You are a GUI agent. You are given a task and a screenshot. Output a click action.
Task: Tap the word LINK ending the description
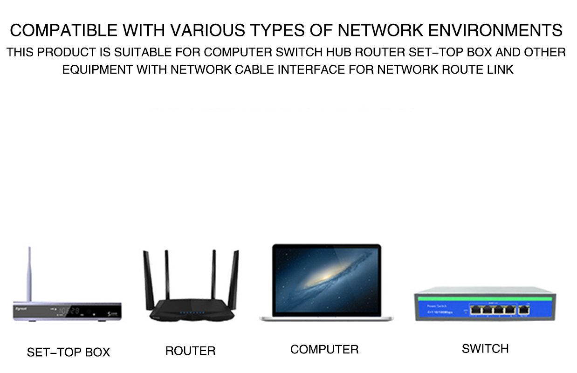tap(500, 70)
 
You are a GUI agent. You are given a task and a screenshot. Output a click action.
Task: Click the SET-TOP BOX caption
tap(69, 352)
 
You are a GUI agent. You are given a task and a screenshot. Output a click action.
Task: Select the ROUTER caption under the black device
tap(190, 351)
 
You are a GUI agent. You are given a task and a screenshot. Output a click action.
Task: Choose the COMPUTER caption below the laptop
tap(324, 349)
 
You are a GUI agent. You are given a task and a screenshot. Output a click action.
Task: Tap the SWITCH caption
tap(485, 348)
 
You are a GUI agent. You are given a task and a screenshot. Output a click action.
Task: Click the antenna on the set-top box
tap(30, 275)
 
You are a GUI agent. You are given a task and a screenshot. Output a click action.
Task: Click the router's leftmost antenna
tap(148, 280)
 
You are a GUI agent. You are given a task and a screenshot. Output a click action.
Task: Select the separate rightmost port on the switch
tap(524, 310)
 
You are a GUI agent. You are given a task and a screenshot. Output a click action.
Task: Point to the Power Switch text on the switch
tap(437, 306)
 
